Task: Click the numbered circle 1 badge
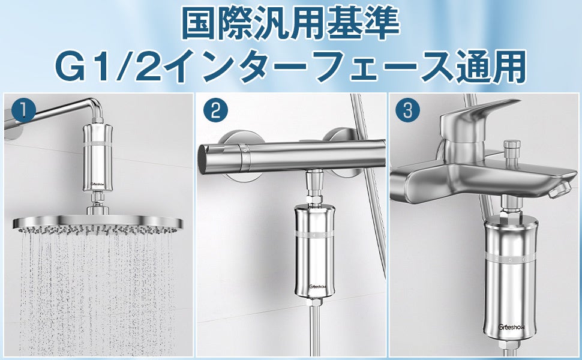(23, 110)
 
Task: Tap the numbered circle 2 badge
(215, 110)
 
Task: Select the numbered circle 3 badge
(407, 110)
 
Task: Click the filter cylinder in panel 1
(97, 158)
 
